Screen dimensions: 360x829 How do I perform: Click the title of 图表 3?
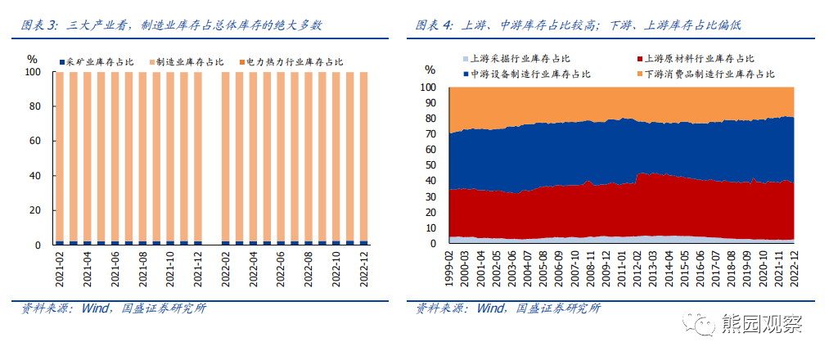pyautogui.click(x=172, y=25)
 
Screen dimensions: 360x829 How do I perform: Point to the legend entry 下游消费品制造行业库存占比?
pyautogui.click(x=709, y=74)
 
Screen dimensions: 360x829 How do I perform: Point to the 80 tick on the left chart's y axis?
pyautogui.click(x=34, y=106)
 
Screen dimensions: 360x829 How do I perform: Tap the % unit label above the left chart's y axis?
pyautogui.click(x=32, y=59)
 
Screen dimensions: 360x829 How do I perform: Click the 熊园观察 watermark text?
pyautogui.click(x=762, y=325)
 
